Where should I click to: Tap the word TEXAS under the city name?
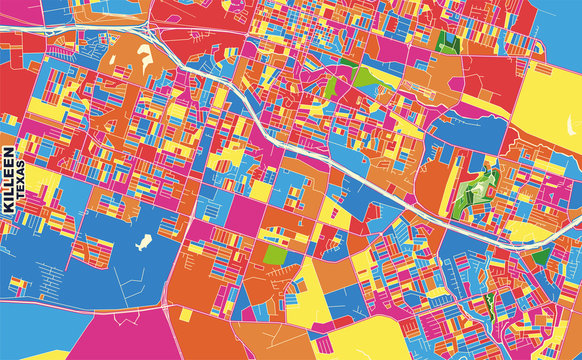point(24,214)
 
